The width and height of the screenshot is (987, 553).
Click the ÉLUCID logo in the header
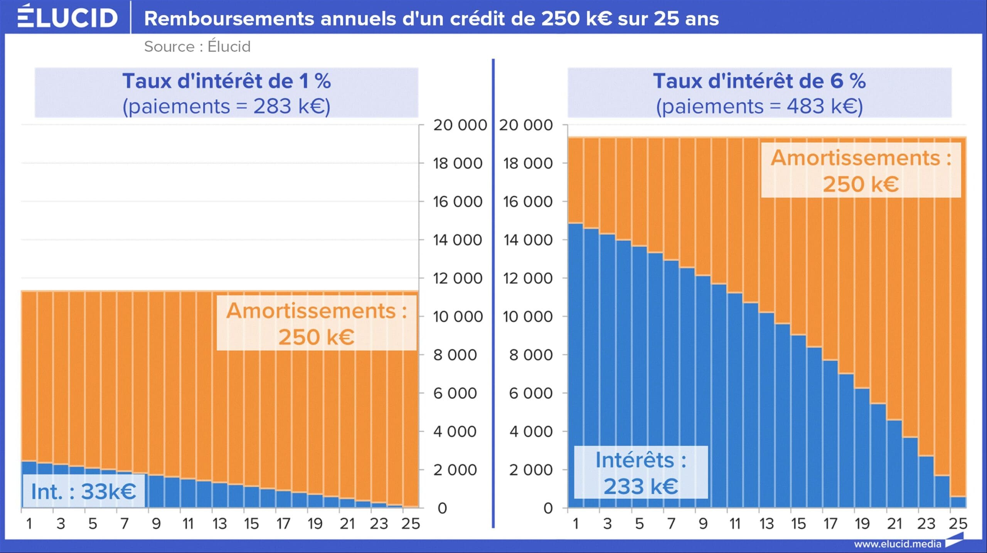click(x=67, y=17)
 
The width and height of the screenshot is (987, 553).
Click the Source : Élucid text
click(x=197, y=47)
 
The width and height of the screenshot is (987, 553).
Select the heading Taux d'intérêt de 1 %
click(x=226, y=81)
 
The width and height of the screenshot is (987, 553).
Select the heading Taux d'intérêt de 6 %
click(x=759, y=81)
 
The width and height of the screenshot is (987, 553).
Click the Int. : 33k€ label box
click(x=84, y=491)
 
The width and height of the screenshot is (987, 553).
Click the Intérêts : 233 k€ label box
click(x=641, y=472)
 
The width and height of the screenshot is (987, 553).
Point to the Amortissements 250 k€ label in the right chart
click(x=861, y=170)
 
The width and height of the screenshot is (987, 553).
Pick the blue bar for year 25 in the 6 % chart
click(x=958, y=502)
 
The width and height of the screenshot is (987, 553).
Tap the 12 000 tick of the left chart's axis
click(x=457, y=278)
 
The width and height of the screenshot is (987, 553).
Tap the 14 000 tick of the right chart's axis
click(x=527, y=240)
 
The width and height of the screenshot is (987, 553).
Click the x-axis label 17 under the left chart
click(x=283, y=524)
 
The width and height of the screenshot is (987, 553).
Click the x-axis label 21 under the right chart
click(x=894, y=524)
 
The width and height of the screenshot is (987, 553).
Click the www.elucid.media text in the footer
click(x=897, y=544)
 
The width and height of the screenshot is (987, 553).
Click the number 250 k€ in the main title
click(x=576, y=18)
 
